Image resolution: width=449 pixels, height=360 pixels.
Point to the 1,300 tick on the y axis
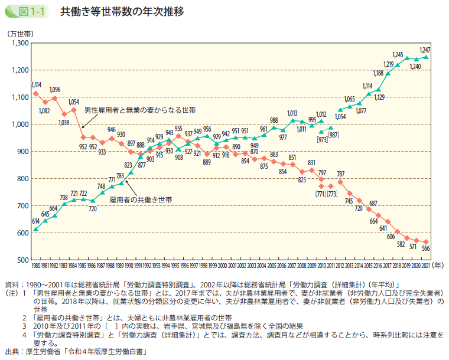pos(19,43)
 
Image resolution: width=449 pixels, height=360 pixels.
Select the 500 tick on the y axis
pos(23,260)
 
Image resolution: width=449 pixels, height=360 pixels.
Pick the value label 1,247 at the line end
pos(424,49)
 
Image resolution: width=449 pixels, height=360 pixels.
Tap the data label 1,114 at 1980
pos(36,85)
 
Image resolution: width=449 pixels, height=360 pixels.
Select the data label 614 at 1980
pos(35,220)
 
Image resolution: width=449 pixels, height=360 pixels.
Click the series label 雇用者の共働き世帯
pos(141,200)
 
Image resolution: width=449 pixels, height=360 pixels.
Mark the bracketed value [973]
pos(322,139)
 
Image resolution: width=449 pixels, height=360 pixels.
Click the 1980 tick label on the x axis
pos(36,267)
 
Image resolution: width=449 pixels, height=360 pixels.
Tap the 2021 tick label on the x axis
pos(425,267)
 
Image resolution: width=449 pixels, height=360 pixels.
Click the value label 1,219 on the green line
pos(388,64)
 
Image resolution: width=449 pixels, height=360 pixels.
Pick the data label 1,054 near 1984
pos(74,102)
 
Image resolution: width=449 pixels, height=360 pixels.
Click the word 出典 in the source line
pos(11,352)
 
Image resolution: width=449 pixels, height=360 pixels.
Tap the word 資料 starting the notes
pos(11,284)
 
